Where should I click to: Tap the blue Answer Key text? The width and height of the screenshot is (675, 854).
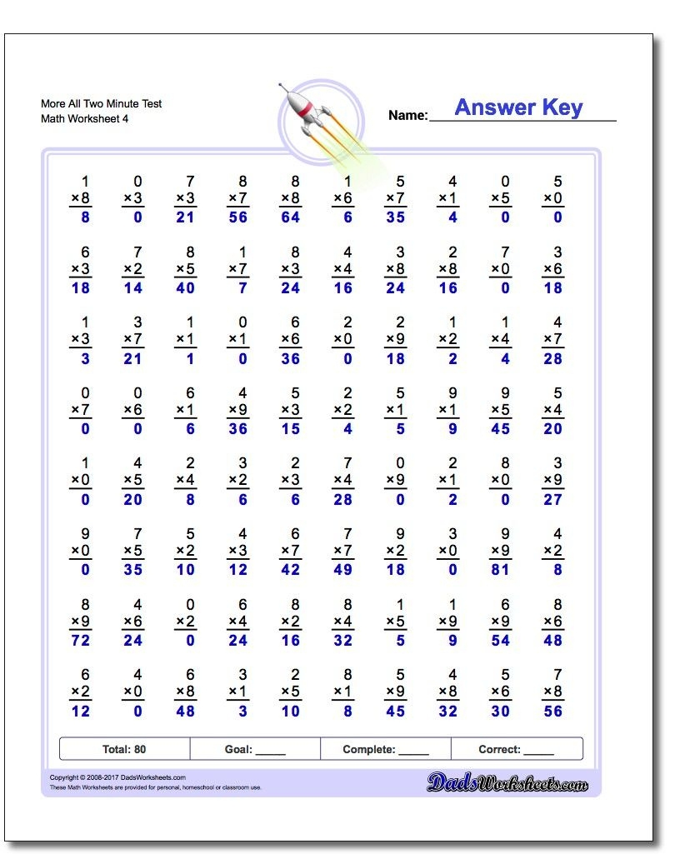click(518, 107)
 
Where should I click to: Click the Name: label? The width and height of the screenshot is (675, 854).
click(407, 116)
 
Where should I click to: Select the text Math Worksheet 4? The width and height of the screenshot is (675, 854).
click(84, 118)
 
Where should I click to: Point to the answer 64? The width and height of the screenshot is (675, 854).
click(291, 217)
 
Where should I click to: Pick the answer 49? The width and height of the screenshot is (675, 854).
click(343, 570)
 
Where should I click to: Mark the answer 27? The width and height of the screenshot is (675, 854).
click(552, 500)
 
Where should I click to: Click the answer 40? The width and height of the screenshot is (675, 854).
click(185, 288)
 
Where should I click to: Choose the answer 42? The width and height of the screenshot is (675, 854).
click(291, 570)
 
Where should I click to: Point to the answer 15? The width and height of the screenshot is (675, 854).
click(291, 429)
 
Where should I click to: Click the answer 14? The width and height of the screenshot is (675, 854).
click(133, 288)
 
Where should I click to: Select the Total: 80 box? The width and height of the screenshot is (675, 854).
click(124, 749)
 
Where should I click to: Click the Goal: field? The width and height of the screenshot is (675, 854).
click(255, 749)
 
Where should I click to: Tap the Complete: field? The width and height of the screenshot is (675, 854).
click(386, 749)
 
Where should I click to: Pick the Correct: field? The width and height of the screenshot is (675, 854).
click(516, 749)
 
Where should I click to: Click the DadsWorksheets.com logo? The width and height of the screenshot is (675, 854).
click(507, 782)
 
